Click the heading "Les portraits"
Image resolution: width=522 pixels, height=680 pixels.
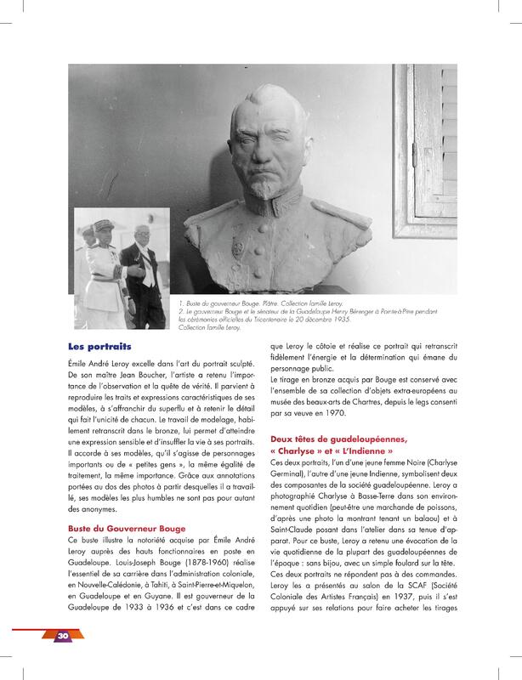[99, 347]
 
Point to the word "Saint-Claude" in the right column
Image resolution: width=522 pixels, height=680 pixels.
[298, 518]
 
